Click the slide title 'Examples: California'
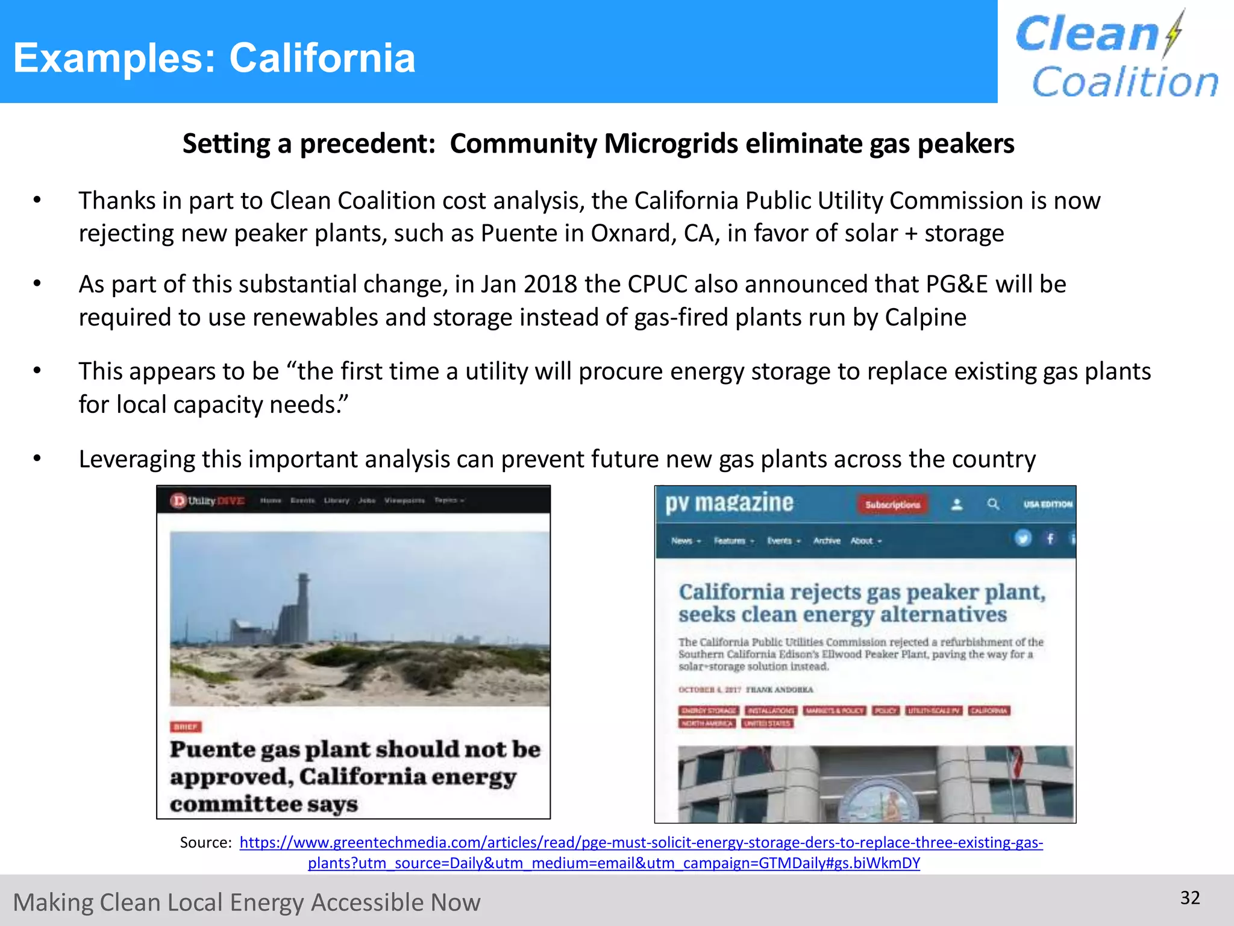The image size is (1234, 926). [215, 58]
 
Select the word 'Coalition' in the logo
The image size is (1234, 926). [1124, 82]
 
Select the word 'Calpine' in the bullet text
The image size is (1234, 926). [925, 317]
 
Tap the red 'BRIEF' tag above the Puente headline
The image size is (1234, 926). [186, 727]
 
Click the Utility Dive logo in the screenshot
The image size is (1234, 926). [207, 500]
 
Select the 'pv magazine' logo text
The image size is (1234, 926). [729, 503]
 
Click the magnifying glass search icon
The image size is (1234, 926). [993, 504]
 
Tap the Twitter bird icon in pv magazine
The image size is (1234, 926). [1023, 538]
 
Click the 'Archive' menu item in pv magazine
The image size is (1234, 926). [827, 541]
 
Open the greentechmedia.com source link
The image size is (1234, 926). [641, 843]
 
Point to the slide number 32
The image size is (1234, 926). [1190, 898]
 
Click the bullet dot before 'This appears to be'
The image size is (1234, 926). [37, 370]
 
